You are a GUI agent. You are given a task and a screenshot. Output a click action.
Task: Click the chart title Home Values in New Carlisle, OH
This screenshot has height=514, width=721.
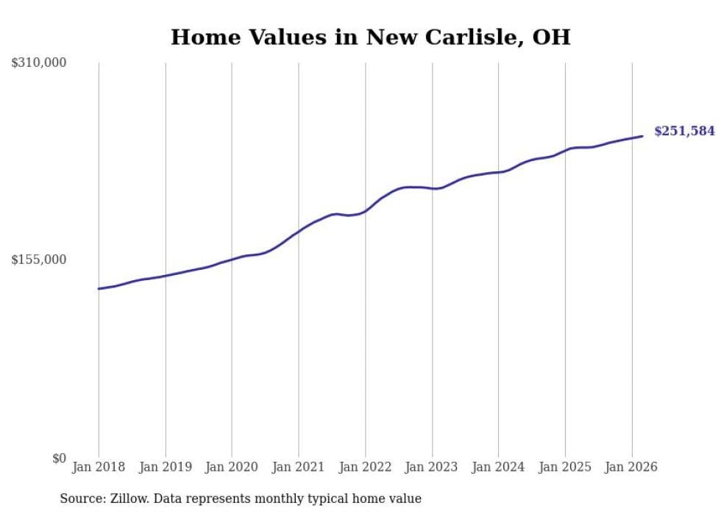pyautogui.click(x=370, y=37)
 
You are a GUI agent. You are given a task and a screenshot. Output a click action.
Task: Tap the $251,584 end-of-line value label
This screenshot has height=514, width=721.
pyautogui.click(x=684, y=132)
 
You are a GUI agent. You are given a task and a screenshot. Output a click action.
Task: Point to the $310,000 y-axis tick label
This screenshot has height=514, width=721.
pyautogui.click(x=39, y=63)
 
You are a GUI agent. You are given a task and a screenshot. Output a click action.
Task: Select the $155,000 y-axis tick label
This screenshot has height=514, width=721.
pyautogui.click(x=39, y=260)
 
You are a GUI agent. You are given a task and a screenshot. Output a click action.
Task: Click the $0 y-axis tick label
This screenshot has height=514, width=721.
pyautogui.click(x=59, y=458)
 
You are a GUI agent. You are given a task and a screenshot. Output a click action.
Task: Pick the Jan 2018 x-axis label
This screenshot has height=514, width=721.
pyautogui.click(x=99, y=467)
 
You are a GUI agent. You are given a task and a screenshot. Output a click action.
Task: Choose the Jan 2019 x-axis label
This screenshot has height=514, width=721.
pyautogui.click(x=166, y=467)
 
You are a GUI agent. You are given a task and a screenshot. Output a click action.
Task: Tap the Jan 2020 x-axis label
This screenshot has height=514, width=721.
pyautogui.click(x=232, y=467)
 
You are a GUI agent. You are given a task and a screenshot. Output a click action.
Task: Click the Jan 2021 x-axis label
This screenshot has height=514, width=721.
pyautogui.click(x=299, y=467)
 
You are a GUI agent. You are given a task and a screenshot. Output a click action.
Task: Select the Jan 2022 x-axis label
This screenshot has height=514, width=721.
pyautogui.click(x=365, y=467)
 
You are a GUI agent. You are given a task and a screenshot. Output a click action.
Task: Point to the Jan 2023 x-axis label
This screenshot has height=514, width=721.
pyautogui.click(x=432, y=467)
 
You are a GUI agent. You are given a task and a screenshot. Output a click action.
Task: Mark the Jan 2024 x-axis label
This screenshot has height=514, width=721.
pyautogui.click(x=498, y=467)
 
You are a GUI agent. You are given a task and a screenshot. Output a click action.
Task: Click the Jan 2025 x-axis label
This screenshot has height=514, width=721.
pyautogui.click(x=565, y=467)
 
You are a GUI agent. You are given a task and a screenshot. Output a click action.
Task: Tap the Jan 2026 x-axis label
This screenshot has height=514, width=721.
pyautogui.click(x=631, y=467)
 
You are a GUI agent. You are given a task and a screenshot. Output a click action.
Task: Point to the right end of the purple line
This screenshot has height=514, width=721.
pyautogui.click(x=642, y=136)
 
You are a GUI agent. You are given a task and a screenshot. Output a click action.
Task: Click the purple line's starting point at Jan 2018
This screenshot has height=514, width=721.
pyautogui.click(x=99, y=288)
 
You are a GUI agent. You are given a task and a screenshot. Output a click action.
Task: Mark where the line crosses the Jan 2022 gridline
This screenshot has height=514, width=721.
pyautogui.click(x=365, y=211)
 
